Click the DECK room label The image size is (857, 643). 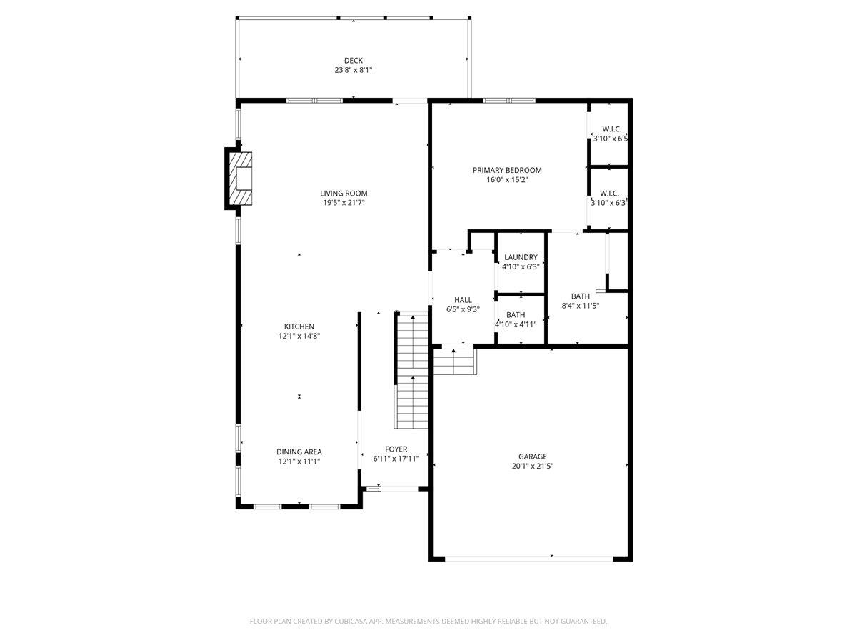[x=353, y=61]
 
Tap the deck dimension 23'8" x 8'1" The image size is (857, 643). [x=353, y=70]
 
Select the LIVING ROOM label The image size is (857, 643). [x=344, y=193]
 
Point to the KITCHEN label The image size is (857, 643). [x=299, y=327]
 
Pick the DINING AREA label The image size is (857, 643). [x=299, y=452]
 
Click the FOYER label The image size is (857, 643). [x=396, y=449]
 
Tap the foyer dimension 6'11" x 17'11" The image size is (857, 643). [x=396, y=459]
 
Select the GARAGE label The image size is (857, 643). [x=533, y=457]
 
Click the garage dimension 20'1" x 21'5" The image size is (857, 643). [x=533, y=466]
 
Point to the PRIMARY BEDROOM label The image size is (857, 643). [x=507, y=170]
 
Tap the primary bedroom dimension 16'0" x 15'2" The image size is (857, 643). [x=507, y=180]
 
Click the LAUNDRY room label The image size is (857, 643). [x=521, y=257]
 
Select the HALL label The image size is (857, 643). [x=463, y=300]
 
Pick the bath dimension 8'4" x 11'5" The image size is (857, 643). [x=580, y=306]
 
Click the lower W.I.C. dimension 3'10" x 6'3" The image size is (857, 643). [x=608, y=203]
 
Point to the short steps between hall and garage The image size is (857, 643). [x=454, y=363]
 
